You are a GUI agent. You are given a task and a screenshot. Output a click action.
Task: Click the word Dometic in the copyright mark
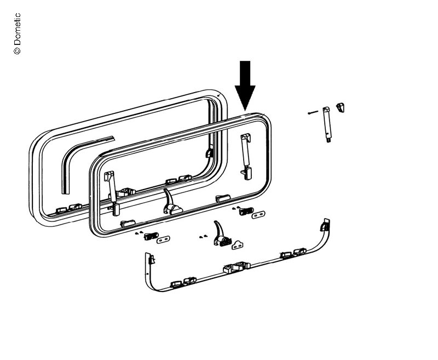[17, 29]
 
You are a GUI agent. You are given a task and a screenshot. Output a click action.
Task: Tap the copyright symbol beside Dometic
[17, 50]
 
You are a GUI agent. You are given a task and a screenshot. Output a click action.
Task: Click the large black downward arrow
[245, 85]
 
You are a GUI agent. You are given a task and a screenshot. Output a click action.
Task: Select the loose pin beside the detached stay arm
[313, 113]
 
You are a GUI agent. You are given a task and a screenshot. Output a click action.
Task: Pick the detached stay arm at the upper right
[327, 125]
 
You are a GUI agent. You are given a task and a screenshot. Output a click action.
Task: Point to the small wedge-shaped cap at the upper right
[340, 107]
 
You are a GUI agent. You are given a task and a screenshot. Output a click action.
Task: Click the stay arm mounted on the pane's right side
[246, 156]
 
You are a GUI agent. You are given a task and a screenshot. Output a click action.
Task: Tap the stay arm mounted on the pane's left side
[112, 193]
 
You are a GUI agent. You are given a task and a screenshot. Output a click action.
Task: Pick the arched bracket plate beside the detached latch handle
[238, 245]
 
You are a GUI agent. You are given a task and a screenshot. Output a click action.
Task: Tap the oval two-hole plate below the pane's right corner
[258, 215]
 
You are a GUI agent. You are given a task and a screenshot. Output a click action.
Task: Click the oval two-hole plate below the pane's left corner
[163, 239]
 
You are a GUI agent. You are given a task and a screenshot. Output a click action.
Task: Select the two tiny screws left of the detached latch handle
[203, 237]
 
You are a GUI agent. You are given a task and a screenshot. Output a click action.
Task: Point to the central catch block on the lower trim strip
[237, 267]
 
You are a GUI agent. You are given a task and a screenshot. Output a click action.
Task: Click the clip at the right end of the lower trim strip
[325, 225]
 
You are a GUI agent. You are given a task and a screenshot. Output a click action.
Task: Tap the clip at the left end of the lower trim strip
[151, 259]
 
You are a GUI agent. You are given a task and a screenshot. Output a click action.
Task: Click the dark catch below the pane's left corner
[151, 236]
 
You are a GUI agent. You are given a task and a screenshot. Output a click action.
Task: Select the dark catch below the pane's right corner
[246, 212]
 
